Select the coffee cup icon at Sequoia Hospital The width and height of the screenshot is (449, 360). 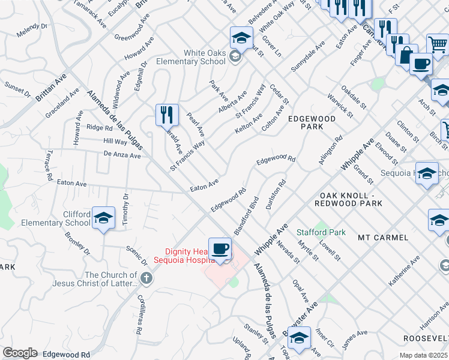221,248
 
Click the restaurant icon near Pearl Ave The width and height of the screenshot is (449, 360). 167,114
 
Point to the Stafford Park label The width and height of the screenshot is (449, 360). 321,232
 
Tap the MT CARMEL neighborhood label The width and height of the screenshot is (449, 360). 383,238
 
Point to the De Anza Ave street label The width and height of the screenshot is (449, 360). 122,155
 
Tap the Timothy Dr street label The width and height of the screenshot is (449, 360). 125,209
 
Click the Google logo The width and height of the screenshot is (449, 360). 20,353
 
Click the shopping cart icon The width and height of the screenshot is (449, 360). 437,44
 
